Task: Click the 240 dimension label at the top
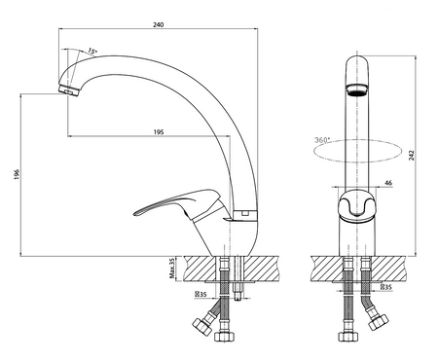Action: [x=159, y=24]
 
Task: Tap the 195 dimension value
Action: [x=159, y=132]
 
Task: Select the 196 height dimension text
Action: [x=18, y=174]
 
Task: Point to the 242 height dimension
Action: [x=412, y=155]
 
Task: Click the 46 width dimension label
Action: [x=388, y=183]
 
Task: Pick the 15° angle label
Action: [x=92, y=52]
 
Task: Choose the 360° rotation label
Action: [x=322, y=140]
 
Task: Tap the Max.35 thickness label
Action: [x=172, y=269]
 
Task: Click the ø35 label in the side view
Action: [x=201, y=295]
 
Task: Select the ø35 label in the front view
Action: [x=385, y=287]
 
